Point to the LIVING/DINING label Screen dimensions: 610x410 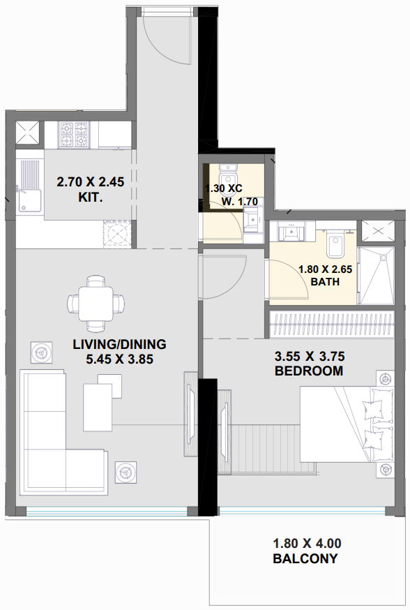(119, 344)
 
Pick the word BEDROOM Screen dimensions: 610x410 (308, 371)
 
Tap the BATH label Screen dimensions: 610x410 (325, 283)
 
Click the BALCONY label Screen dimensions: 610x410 (305, 558)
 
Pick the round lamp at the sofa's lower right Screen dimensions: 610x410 (126, 473)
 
